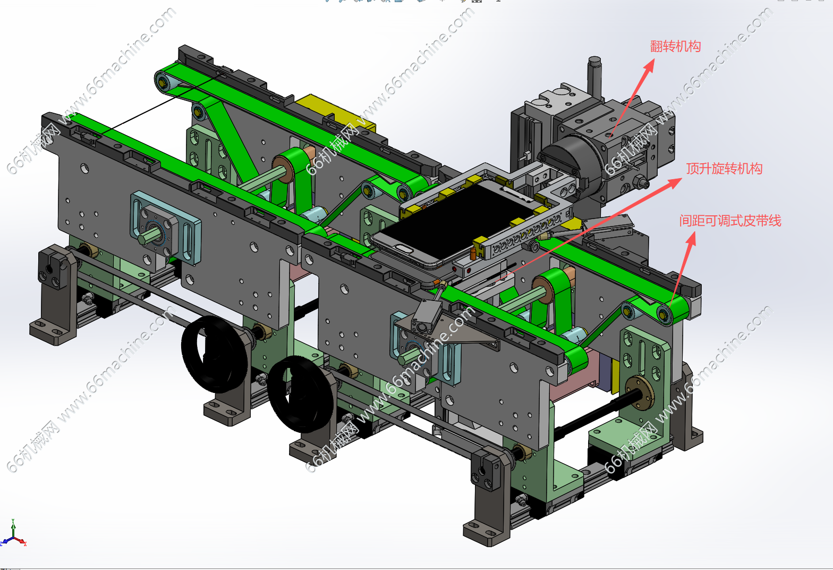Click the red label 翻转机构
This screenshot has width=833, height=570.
675,47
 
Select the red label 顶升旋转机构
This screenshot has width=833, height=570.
724,169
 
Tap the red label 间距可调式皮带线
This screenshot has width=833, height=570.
730,221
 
